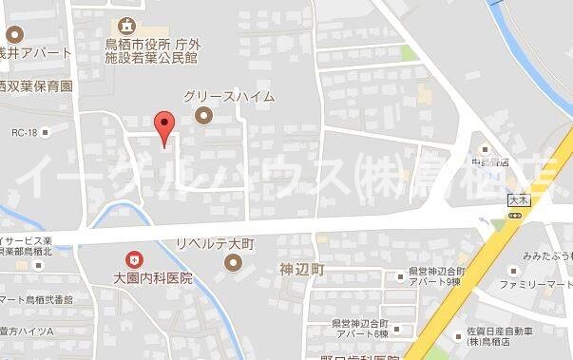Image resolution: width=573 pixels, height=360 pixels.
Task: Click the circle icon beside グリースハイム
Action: pyautogui.click(x=201, y=117)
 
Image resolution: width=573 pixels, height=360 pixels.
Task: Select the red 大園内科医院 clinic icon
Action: pyautogui.click(x=134, y=257)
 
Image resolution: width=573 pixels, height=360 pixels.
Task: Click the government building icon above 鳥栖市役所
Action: pyautogui.click(x=127, y=26)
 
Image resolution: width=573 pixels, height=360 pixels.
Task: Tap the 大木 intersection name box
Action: pyautogui.click(x=516, y=201)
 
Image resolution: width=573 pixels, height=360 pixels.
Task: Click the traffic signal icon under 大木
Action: pyautogui.click(x=516, y=216)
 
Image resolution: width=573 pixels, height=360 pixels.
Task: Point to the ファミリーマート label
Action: pyautogui.click(x=536, y=284)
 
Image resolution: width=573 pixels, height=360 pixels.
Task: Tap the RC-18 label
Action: pyautogui.click(x=25, y=133)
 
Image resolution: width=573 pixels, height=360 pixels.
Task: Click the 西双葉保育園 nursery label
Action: pyautogui.click(x=35, y=85)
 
